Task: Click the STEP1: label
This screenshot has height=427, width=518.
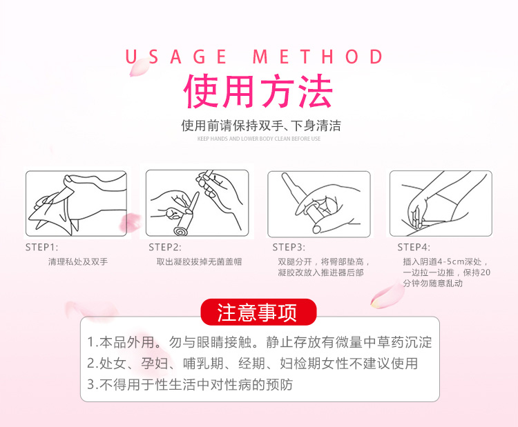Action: click(41, 247)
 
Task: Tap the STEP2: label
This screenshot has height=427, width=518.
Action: click(165, 247)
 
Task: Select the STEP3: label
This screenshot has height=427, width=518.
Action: click(289, 247)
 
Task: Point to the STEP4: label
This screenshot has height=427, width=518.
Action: click(414, 247)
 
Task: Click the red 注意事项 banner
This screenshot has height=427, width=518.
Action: click(258, 312)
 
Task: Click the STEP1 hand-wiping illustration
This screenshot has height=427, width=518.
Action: click(76, 203)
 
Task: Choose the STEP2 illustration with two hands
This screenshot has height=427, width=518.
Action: click(198, 203)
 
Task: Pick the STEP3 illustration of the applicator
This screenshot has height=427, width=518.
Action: click(319, 204)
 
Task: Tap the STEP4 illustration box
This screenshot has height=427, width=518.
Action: click(441, 203)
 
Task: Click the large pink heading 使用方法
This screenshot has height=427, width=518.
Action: click(258, 91)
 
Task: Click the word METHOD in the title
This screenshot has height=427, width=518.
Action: click(318, 57)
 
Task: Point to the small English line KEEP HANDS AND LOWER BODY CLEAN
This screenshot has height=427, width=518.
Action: click(259, 139)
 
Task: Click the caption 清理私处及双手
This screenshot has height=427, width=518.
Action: click(78, 261)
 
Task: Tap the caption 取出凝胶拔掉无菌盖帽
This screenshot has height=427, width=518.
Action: click(199, 261)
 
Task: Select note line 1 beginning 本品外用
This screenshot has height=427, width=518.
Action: click(259, 342)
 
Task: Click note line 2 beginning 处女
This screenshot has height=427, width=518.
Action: click(252, 364)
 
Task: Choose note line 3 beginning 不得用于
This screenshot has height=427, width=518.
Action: click(190, 384)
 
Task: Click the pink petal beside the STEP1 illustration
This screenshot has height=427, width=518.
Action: click(130, 222)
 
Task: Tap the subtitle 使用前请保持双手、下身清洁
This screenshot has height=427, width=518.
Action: click(261, 126)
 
